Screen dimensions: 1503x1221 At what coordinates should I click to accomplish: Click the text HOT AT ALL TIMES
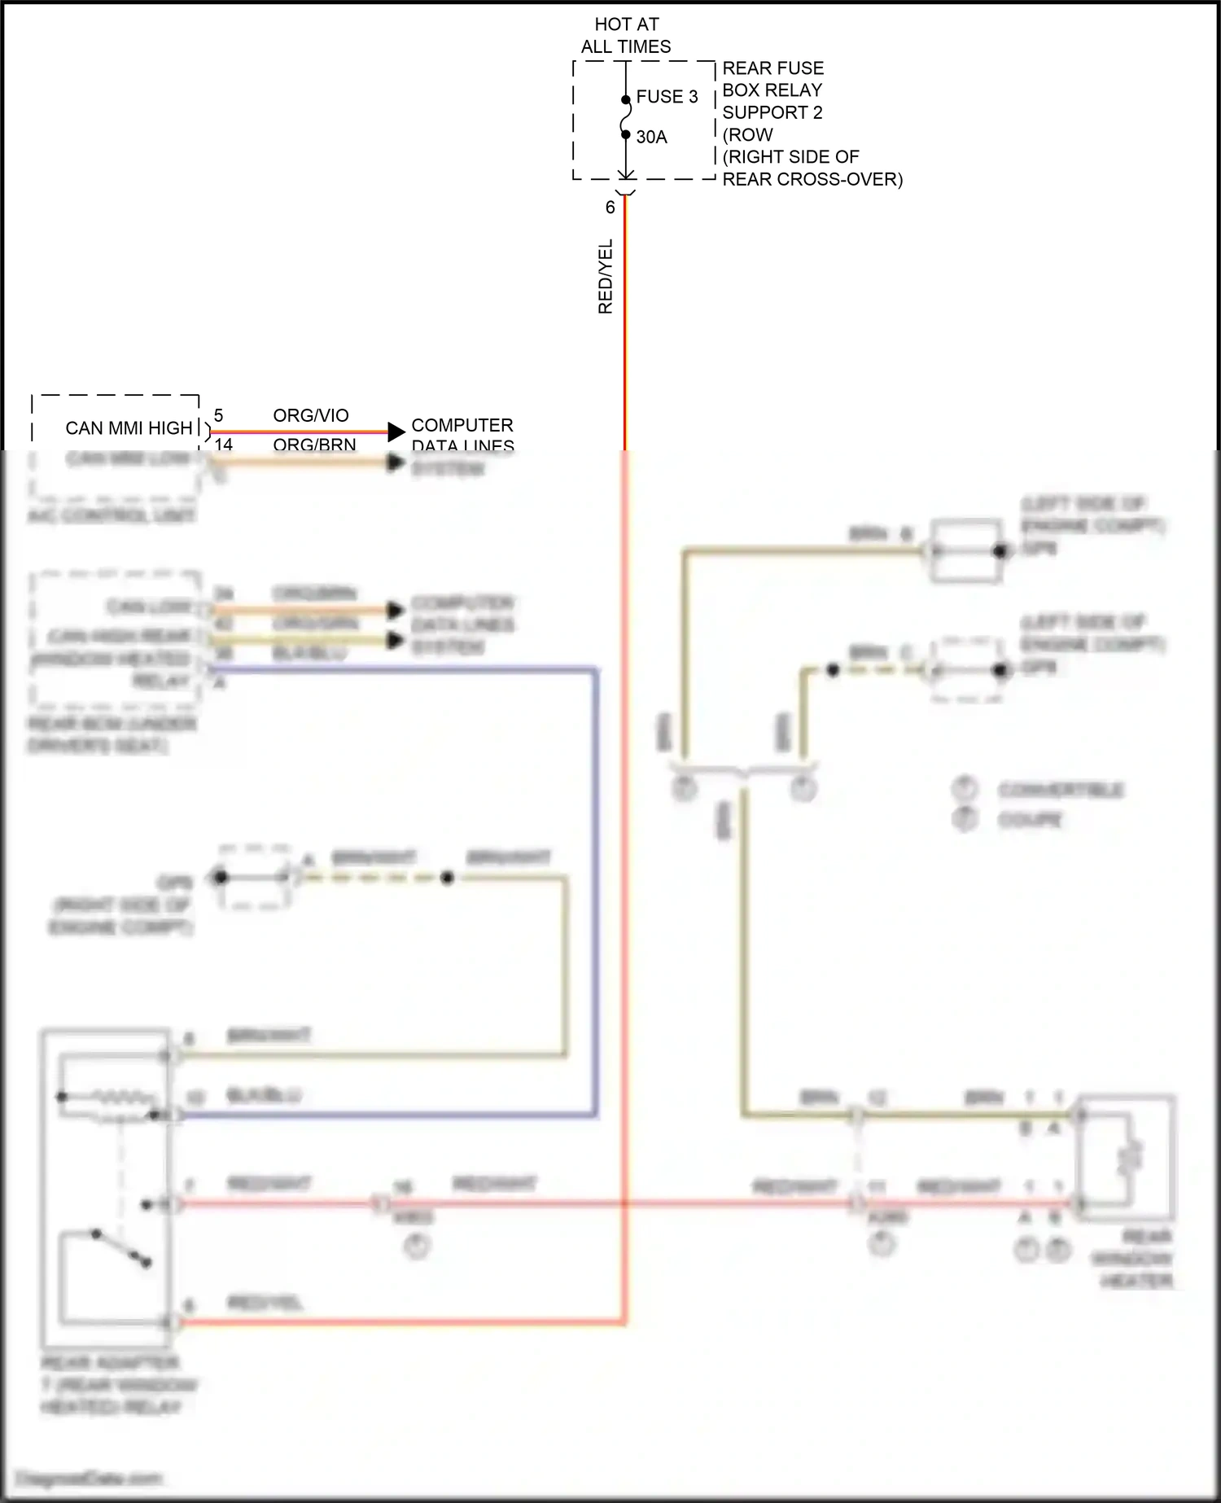pyautogui.click(x=626, y=36)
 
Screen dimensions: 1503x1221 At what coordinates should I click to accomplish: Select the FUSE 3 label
pyautogui.click(x=667, y=97)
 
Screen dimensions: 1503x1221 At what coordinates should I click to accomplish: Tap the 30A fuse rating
pyautogui.click(x=651, y=137)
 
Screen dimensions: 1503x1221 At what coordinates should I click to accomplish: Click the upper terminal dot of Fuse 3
pyautogui.click(x=626, y=100)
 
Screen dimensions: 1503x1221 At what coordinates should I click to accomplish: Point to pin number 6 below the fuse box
pyautogui.click(x=610, y=208)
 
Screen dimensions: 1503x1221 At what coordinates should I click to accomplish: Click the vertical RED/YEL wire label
pyautogui.click(x=605, y=277)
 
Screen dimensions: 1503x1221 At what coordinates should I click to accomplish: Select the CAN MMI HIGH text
pyautogui.click(x=129, y=428)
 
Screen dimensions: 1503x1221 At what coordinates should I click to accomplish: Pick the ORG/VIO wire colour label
pyautogui.click(x=310, y=415)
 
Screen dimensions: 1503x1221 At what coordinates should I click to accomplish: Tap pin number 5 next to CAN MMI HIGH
pyautogui.click(x=218, y=416)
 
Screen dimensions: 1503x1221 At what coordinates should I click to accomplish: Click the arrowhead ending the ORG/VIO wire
pyautogui.click(x=396, y=432)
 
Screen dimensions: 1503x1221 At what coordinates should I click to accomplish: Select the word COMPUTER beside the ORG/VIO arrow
pyautogui.click(x=462, y=425)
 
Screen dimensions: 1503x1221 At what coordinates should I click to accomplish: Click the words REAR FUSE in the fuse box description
pyautogui.click(x=772, y=68)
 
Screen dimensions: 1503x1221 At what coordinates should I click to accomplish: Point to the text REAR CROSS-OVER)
pyautogui.click(x=812, y=179)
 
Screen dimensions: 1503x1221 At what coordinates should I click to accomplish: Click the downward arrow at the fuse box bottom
pyautogui.click(x=626, y=173)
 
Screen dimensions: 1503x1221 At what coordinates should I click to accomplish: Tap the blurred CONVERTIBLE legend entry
pyautogui.click(x=1061, y=791)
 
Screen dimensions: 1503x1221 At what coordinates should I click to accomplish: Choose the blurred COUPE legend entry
pyautogui.click(x=1030, y=820)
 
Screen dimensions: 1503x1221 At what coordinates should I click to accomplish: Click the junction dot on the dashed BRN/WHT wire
pyautogui.click(x=447, y=879)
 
